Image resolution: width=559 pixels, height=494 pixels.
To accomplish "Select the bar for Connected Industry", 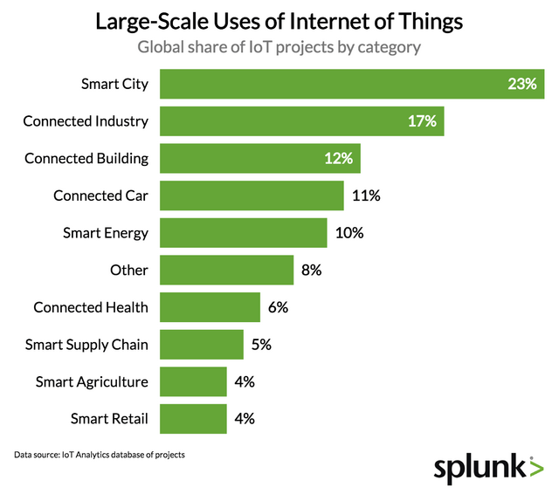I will pos(301,121).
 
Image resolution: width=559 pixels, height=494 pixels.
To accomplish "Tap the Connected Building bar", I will pos(259,159).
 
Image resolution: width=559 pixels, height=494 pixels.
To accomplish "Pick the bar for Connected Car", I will pos(252,196).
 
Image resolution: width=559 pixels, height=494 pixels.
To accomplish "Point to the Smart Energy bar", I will pos(244,233).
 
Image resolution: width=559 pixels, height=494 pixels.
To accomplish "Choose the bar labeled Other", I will pos(226,270).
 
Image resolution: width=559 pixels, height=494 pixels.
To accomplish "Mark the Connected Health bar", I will pos(210,307).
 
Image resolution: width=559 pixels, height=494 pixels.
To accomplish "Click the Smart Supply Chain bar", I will pos(202,344).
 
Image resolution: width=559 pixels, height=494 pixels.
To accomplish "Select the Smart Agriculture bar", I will pos(193,381).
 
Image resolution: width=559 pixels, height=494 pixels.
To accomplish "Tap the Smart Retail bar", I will pos(193,418).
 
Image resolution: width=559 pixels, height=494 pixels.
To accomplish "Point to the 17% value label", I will pos(422,121).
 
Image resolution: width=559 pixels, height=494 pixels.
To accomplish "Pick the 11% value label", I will pos(366,196).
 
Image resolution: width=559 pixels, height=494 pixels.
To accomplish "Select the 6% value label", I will pos(279,307).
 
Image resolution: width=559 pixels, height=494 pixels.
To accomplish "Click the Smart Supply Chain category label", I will pos(87,344).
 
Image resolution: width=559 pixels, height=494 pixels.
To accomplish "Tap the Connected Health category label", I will pos(91,307).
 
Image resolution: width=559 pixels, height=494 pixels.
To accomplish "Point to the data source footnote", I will pos(100,455).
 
